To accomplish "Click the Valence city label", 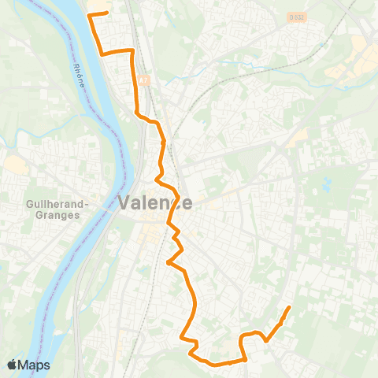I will point(155,202).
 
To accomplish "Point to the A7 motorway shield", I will point(144,80).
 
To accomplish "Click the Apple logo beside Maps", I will point(13,365).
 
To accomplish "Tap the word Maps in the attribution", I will point(34,365).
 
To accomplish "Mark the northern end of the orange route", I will point(107,12).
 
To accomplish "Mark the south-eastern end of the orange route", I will point(290,307).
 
